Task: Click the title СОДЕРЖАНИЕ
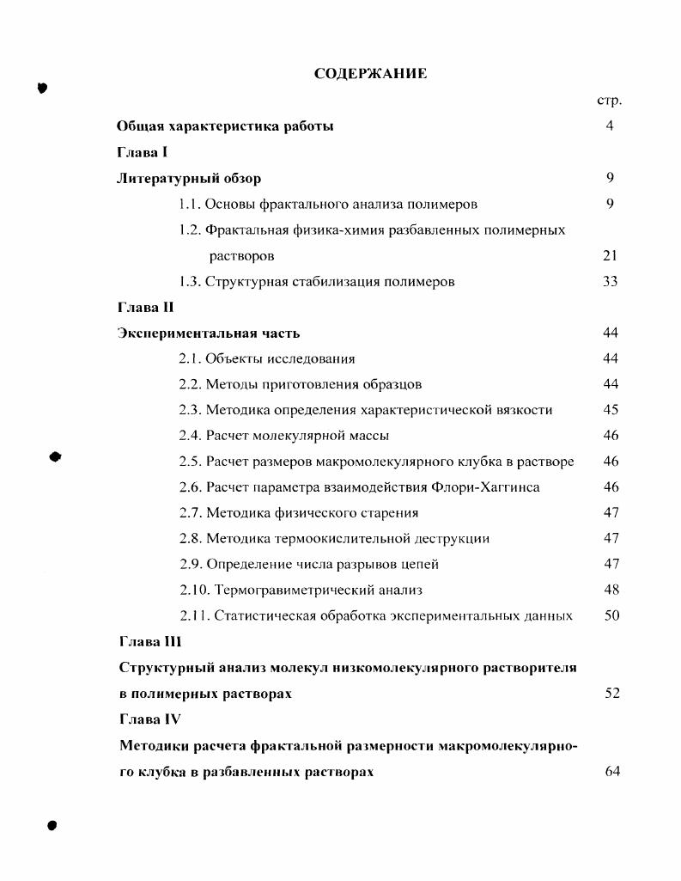point(370,74)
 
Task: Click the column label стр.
point(609,101)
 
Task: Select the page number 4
point(610,126)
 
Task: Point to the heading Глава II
point(145,307)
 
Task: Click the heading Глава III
point(149,641)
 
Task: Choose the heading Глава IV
point(149,719)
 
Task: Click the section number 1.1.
point(190,204)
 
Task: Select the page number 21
point(611,255)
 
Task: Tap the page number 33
point(611,281)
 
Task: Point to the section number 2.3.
point(190,410)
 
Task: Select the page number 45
point(611,410)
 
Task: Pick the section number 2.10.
point(194,590)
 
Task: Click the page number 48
point(611,590)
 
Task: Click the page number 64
point(611,771)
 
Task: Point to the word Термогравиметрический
point(285,590)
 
